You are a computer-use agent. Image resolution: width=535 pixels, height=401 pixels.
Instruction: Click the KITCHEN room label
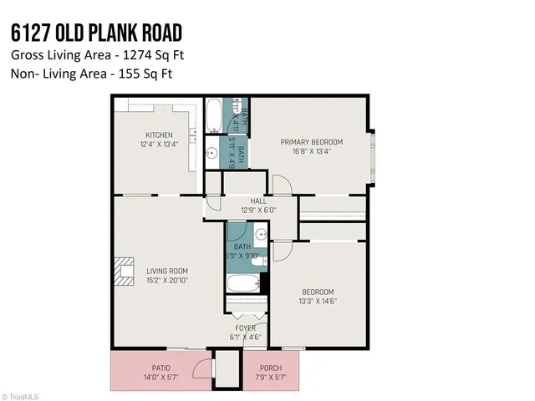click(x=159, y=135)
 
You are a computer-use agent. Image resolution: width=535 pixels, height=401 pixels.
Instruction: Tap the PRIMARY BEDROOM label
click(x=311, y=142)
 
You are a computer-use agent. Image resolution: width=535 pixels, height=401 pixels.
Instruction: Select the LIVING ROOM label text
click(x=167, y=271)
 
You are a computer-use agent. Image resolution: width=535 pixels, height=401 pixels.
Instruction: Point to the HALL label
click(x=247, y=200)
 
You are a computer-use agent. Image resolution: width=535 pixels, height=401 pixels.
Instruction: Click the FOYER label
click(x=245, y=328)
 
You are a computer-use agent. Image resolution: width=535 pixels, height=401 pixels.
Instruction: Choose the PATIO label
click(x=161, y=368)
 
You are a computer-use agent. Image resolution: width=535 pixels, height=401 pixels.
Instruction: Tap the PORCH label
click(x=269, y=368)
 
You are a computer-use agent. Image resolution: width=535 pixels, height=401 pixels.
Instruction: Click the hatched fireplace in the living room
click(x=125, y=272)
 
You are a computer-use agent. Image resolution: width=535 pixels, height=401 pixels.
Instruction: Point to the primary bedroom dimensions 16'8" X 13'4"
click(x=311, y=152)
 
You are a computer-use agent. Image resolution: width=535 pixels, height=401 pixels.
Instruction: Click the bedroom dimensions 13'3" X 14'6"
click(x=317, y=301)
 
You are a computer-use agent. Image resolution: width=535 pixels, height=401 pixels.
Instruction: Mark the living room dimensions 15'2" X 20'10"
click(x=167, y=281)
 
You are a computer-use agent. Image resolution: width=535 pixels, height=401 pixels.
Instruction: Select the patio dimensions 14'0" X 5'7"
click(x=161, y=378)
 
